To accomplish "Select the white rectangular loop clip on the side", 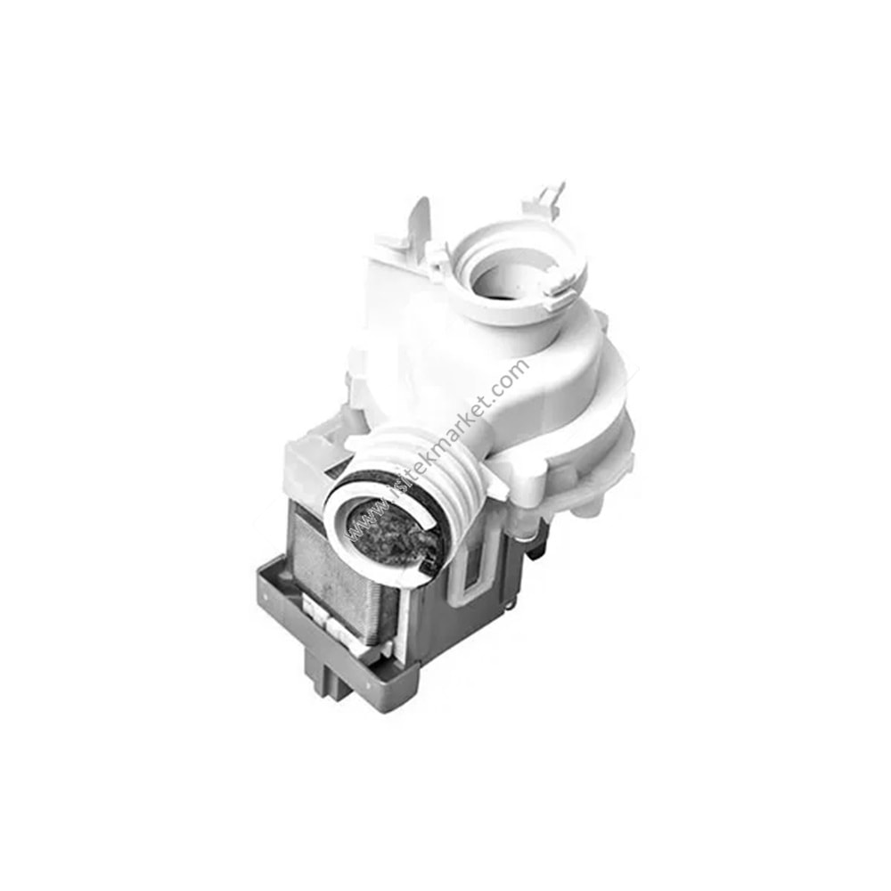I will pos(473,570).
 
